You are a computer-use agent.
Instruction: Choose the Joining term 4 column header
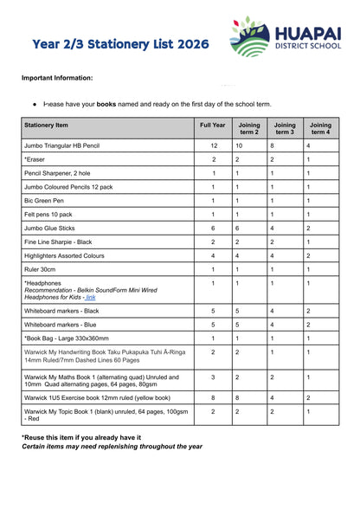319,129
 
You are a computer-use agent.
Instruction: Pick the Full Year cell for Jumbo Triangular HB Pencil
213,146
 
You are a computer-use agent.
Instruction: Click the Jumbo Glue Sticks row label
51,228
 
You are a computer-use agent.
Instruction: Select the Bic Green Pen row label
46,201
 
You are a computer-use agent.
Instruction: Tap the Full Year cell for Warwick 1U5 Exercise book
213,397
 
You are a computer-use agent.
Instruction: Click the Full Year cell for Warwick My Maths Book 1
213,377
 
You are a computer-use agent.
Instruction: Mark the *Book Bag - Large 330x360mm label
67,338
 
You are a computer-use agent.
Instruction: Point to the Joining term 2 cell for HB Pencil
249,146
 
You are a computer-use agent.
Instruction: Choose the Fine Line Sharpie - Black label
58,242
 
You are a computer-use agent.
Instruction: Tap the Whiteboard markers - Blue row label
61,324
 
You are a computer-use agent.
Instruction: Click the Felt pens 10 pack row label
48,214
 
